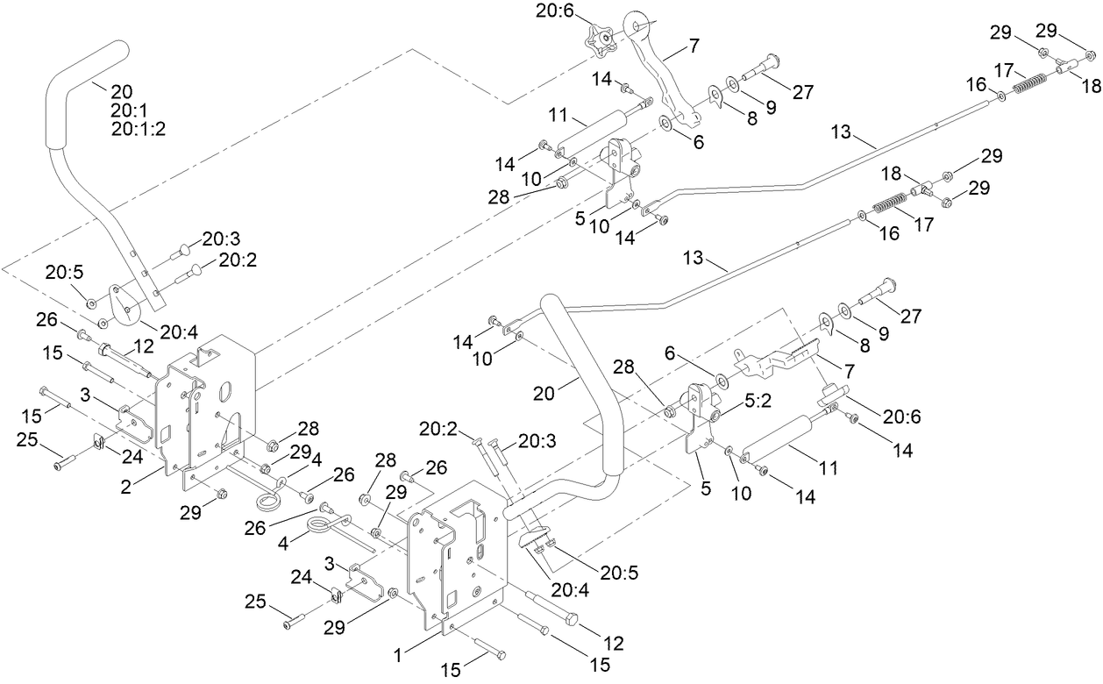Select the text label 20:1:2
tap(139, 128)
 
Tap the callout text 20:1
tap(129, 109)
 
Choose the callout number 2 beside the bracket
tap(128, 486)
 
